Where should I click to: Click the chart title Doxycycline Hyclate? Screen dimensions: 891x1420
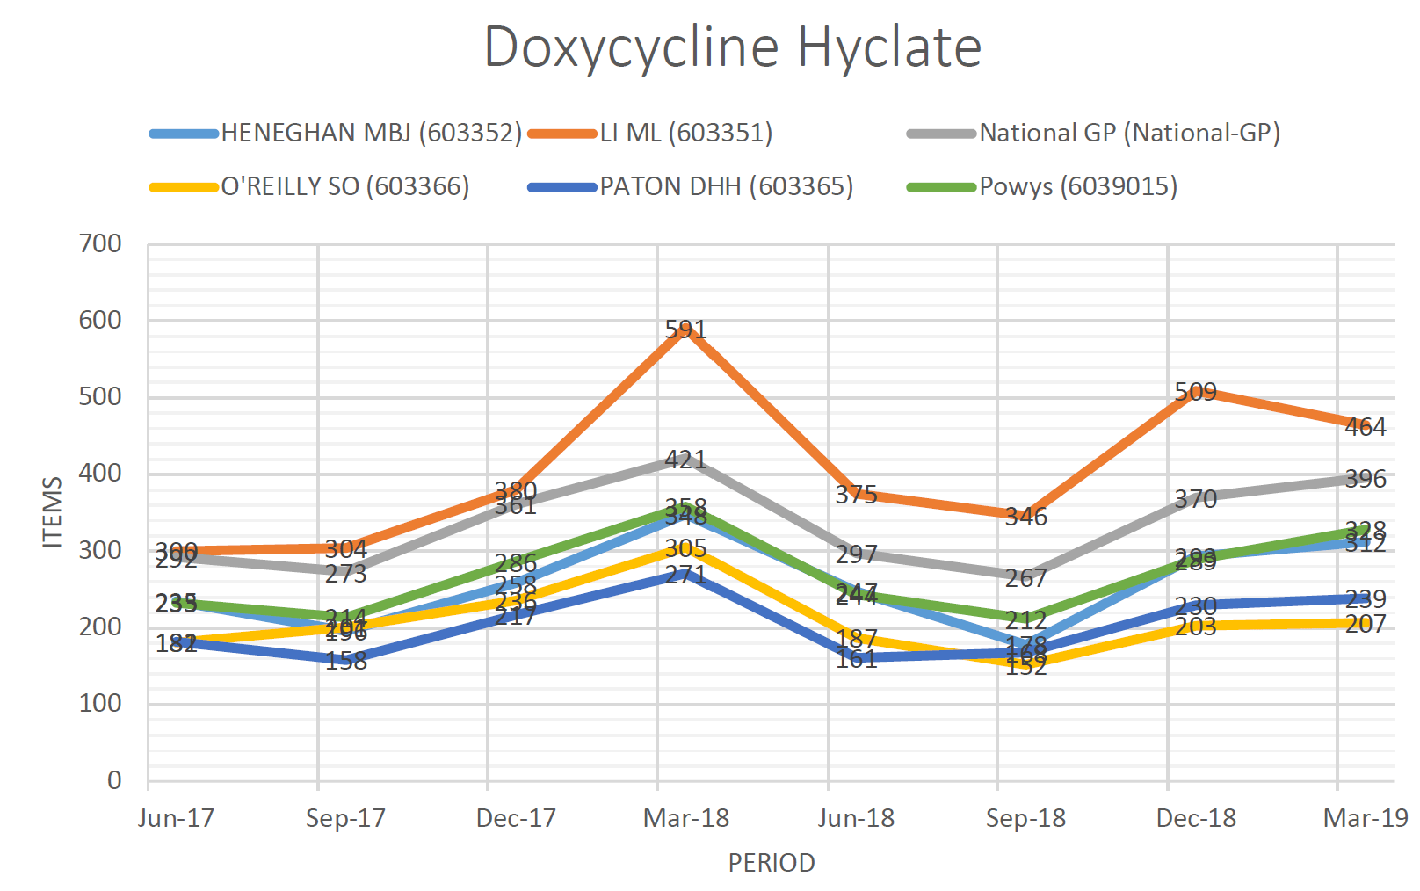click(x=732, y=47)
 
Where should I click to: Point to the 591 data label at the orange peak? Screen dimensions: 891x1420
click(x=685, y=330)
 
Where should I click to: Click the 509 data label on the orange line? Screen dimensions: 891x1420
click(x=1195, y=392)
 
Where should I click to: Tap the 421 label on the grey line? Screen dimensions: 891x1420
click(x=685, y=460)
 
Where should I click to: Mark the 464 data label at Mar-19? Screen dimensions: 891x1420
click(x=1365, y=427)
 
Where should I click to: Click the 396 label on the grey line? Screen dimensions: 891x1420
click(x=1365, y=479)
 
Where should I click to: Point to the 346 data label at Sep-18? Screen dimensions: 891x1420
click(x=1025, y=517)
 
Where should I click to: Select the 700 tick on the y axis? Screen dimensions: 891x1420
click(x=101, y=243)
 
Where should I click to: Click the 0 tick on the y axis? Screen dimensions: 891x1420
click(x=114, y=780)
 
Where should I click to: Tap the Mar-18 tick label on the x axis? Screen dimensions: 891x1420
click(x=685, y=818)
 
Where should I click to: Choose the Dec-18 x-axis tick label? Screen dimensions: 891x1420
click(x=1195, y=818)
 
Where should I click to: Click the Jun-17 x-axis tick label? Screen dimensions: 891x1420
click(x=176, y=818)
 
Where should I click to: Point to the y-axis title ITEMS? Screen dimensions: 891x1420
click(x=53, y=512)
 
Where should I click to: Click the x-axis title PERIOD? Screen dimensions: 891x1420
click(x=771, y=863)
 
